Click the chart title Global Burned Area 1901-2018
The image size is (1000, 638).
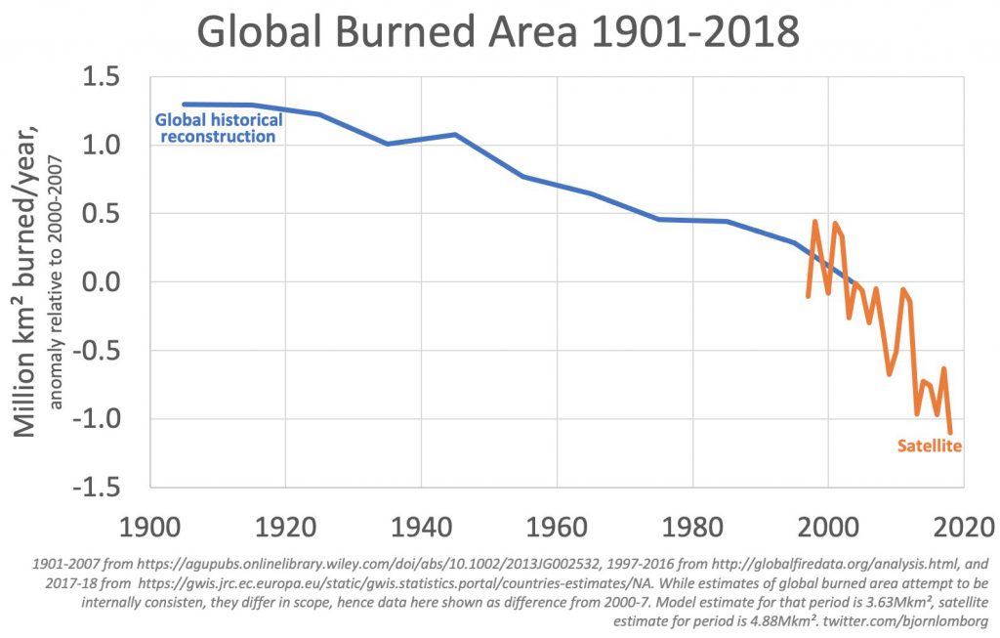(499, 33)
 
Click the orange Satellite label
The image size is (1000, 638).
(930, 447)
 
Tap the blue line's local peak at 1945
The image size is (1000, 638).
(455, 134)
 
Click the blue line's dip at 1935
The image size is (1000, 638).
(387, 144)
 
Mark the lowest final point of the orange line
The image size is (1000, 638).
(950, 432)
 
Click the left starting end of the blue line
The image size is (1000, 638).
(184, 104)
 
